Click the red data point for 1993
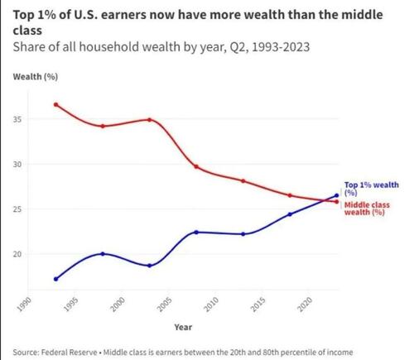pos(55,104)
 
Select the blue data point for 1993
pos(55,279)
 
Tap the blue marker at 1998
pos(103,253)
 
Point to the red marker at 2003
pos(149,120)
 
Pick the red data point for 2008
pos(196,166)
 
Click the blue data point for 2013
pos(243,234)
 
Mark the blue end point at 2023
pos(336,195)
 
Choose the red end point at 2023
pos(336,202)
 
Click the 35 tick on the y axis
pos(17,119)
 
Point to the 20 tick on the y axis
pos(17,254)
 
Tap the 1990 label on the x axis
pos(26,304)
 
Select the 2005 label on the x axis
pos(166,304)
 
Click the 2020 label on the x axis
pos(306,304)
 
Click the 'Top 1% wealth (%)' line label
pos(372,189)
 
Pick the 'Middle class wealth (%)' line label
pos(367,209)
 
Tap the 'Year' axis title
pos(183,327)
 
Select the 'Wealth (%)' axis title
pos(36,76)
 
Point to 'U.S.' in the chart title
pos(85,15)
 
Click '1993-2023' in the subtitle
pos(281,47)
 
